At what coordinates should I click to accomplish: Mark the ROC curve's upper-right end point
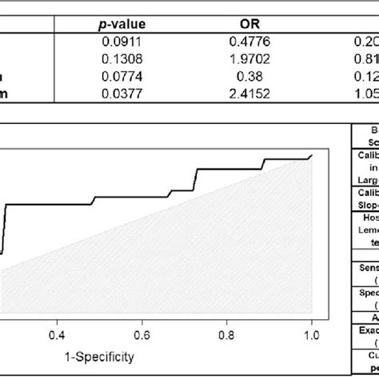pyautogui.click(x=311, y=155)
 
